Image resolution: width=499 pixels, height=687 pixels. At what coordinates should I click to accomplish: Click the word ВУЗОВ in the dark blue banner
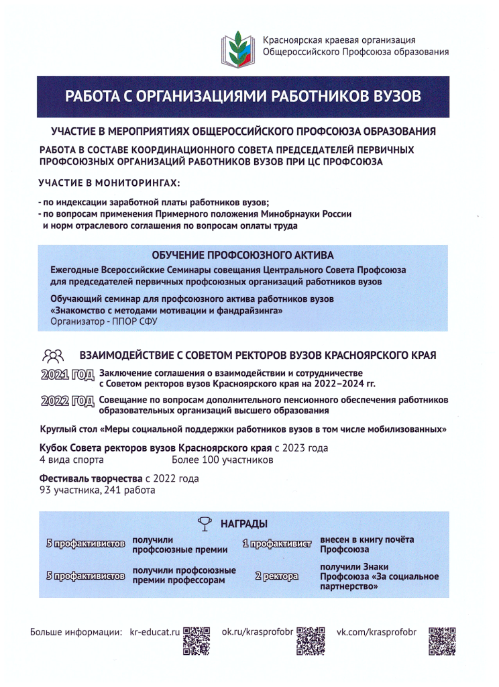pyautogui.click(x=392, y=95)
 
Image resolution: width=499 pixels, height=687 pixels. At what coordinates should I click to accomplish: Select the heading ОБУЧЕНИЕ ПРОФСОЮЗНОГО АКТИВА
pyautogui.click(x=243, y=255)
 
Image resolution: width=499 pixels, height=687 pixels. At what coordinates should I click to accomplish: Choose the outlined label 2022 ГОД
pyautogui.click(x=66, y=403)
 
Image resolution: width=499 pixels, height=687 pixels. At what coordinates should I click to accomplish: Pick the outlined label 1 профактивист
pyautogui.click(x=278, y=544)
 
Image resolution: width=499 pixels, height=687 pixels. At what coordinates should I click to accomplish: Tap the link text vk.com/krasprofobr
pyautogui.click(x=376, y=632)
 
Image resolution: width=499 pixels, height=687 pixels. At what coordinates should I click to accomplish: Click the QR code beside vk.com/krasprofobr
pyautogui.click(x=442, y=641)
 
